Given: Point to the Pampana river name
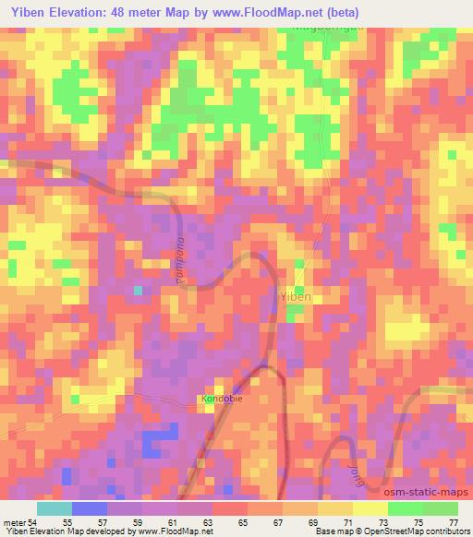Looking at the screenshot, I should coord(181,263).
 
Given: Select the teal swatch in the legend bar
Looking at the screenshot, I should coord(55,508).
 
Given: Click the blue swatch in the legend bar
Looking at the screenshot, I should coord(90,508).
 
